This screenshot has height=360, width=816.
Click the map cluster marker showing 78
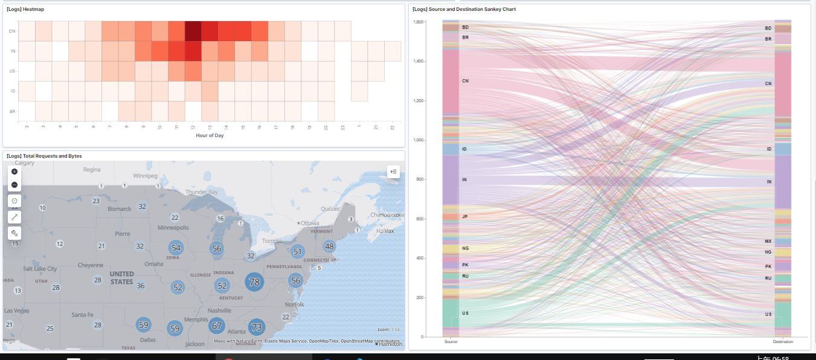[x=254, y=282]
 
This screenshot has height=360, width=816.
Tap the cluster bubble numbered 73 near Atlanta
[x=257, y=327]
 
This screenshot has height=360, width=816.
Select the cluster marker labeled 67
[x=216, y=326]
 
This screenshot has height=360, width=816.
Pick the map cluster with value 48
[x=329, y=246]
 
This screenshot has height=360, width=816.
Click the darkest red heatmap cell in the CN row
[x=193, y=31]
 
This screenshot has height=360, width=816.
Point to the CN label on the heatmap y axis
[x=12, y=31]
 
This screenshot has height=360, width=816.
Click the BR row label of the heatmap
[x=12, y=112]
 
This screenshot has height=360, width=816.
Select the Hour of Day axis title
[x=210, y=135]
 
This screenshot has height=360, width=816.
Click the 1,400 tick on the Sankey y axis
[x=418, y=62]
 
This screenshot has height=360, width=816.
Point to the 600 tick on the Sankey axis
[x=420, y=219]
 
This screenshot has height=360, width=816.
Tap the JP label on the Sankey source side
[x=465, y=216]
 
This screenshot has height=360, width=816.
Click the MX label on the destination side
[x=768, y=241]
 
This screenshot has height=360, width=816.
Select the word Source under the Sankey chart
[x=451, y=342]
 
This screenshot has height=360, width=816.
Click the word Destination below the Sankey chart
[x=783, y=342]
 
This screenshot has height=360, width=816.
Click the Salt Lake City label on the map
[x=40, y=269]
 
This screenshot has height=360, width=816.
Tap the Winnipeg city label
[x=145, y=176]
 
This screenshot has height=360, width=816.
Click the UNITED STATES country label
[x=121, y=278]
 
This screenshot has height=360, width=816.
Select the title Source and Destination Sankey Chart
[x=464, y=9]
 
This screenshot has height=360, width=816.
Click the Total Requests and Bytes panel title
[x=44, y=156]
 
